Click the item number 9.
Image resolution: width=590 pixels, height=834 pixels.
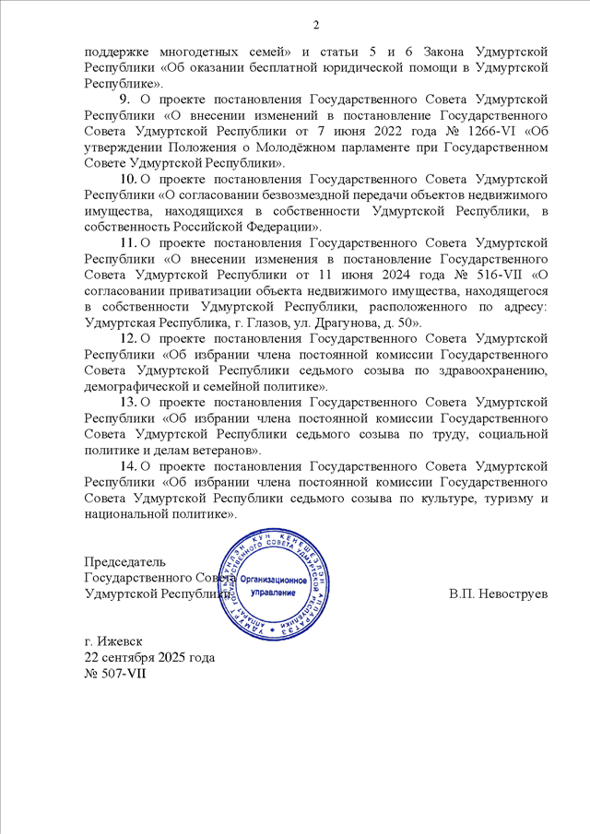124,98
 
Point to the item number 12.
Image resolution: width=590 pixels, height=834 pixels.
128,339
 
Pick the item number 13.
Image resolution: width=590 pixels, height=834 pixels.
128,403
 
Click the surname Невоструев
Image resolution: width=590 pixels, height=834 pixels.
511,593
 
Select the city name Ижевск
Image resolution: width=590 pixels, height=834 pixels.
121,641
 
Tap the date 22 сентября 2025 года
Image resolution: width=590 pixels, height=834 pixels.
149,658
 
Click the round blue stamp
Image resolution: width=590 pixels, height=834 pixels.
275,584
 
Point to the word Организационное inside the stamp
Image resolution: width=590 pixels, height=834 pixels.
275,578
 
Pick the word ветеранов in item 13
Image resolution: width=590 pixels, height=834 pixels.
224,451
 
